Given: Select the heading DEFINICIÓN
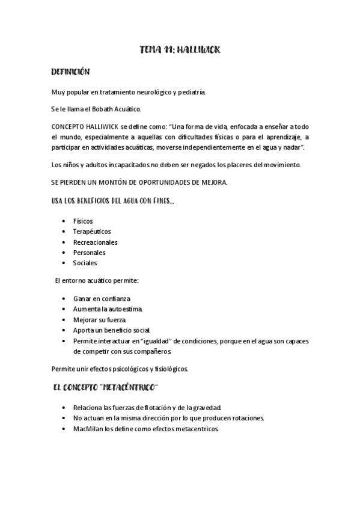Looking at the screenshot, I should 70,72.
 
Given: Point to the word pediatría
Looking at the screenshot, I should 191,92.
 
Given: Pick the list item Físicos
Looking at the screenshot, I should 83,221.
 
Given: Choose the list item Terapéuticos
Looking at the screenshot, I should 92,232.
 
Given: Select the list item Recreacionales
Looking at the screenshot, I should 95,242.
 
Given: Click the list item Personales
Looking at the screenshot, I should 89,253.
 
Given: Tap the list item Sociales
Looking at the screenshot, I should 85,263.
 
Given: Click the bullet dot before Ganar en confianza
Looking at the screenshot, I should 64,299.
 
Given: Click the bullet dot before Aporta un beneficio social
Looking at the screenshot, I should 64,330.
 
